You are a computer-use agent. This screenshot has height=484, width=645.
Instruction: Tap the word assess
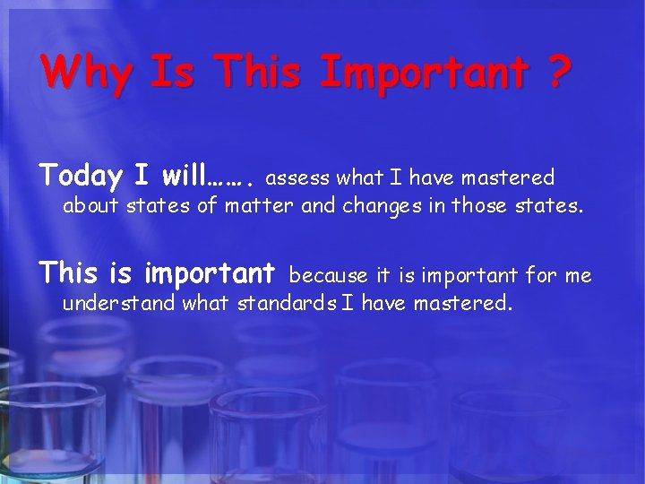click(x=299, y=178)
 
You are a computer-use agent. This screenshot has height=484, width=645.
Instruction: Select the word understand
click(x=119, y=304)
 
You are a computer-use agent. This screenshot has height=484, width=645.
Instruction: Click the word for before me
click(x=541, y=275)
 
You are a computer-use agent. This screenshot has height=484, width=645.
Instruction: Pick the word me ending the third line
click(x=579, y=276)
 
